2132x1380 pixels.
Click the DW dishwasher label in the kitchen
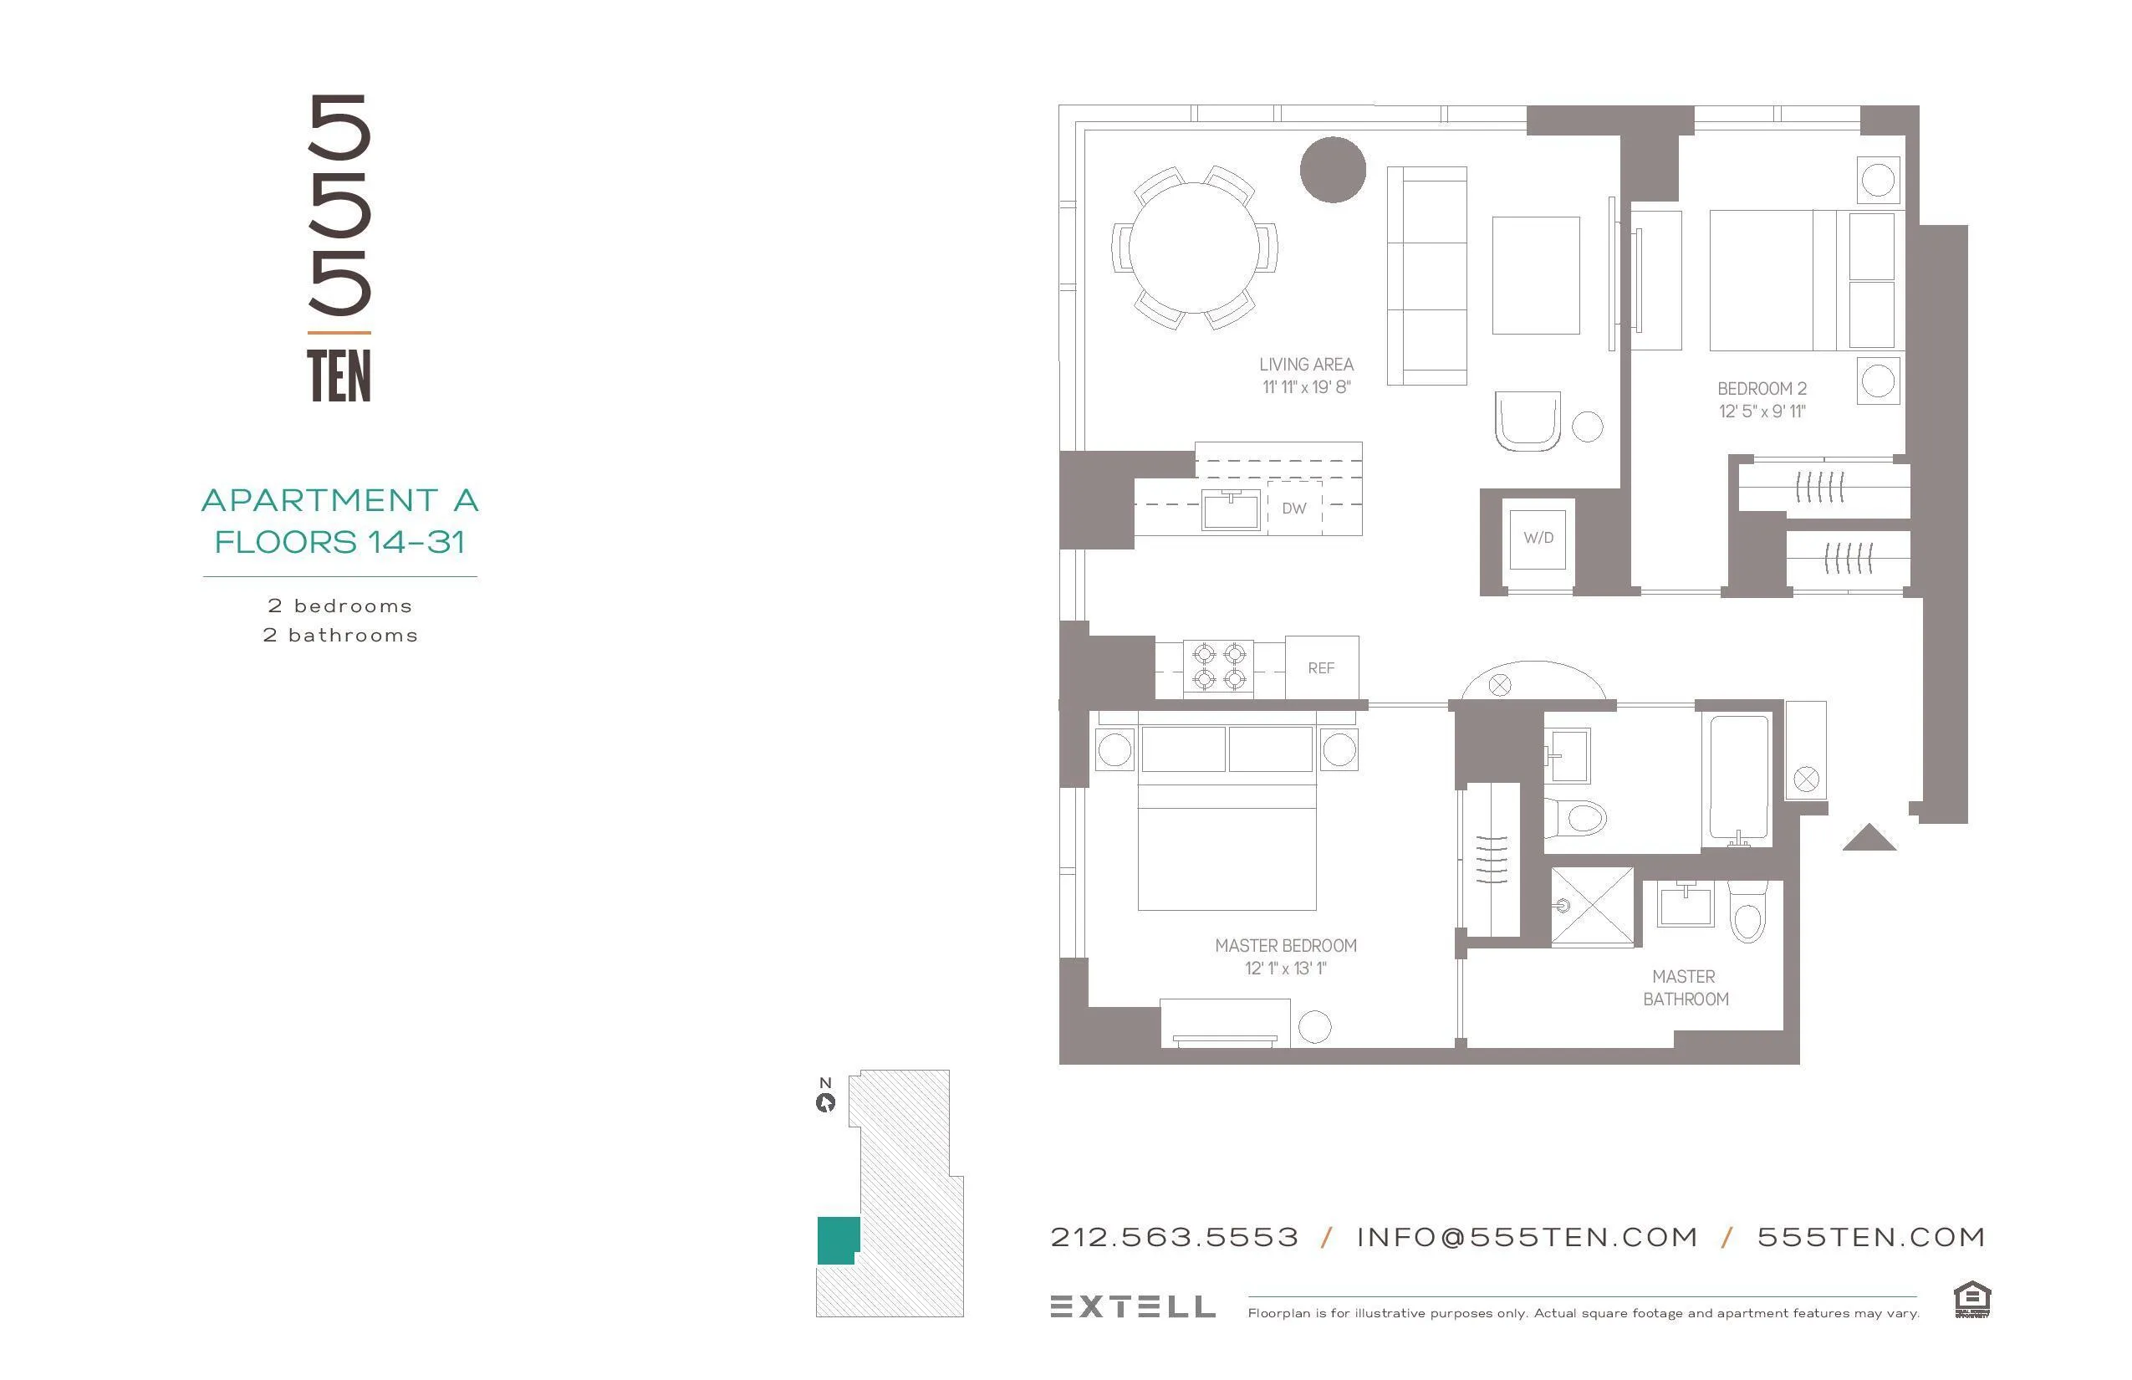(x=1293, y=509)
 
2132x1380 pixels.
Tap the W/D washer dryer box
(x=1538, y=539)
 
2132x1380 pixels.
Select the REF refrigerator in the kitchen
(x=1321, y=668)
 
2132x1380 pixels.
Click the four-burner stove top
(x=1218, y=667)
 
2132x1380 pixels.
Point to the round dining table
(x=1194, y=248)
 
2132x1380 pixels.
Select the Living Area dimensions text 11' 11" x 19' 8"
(x=1306, y=388)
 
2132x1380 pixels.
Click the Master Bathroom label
(x=1685, y=988)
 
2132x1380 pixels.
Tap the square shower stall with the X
(x=1592, y=906)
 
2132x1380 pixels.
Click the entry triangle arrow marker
(x=1869, y=839)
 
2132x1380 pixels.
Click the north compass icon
(x=825, y=1102)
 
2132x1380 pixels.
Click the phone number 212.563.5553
(x=1174, y=1238)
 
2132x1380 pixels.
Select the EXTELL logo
(x=1132, y=1306)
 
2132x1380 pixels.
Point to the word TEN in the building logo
(x=339, y=376)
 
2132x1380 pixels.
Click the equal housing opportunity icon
(x=1971, y=1301)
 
